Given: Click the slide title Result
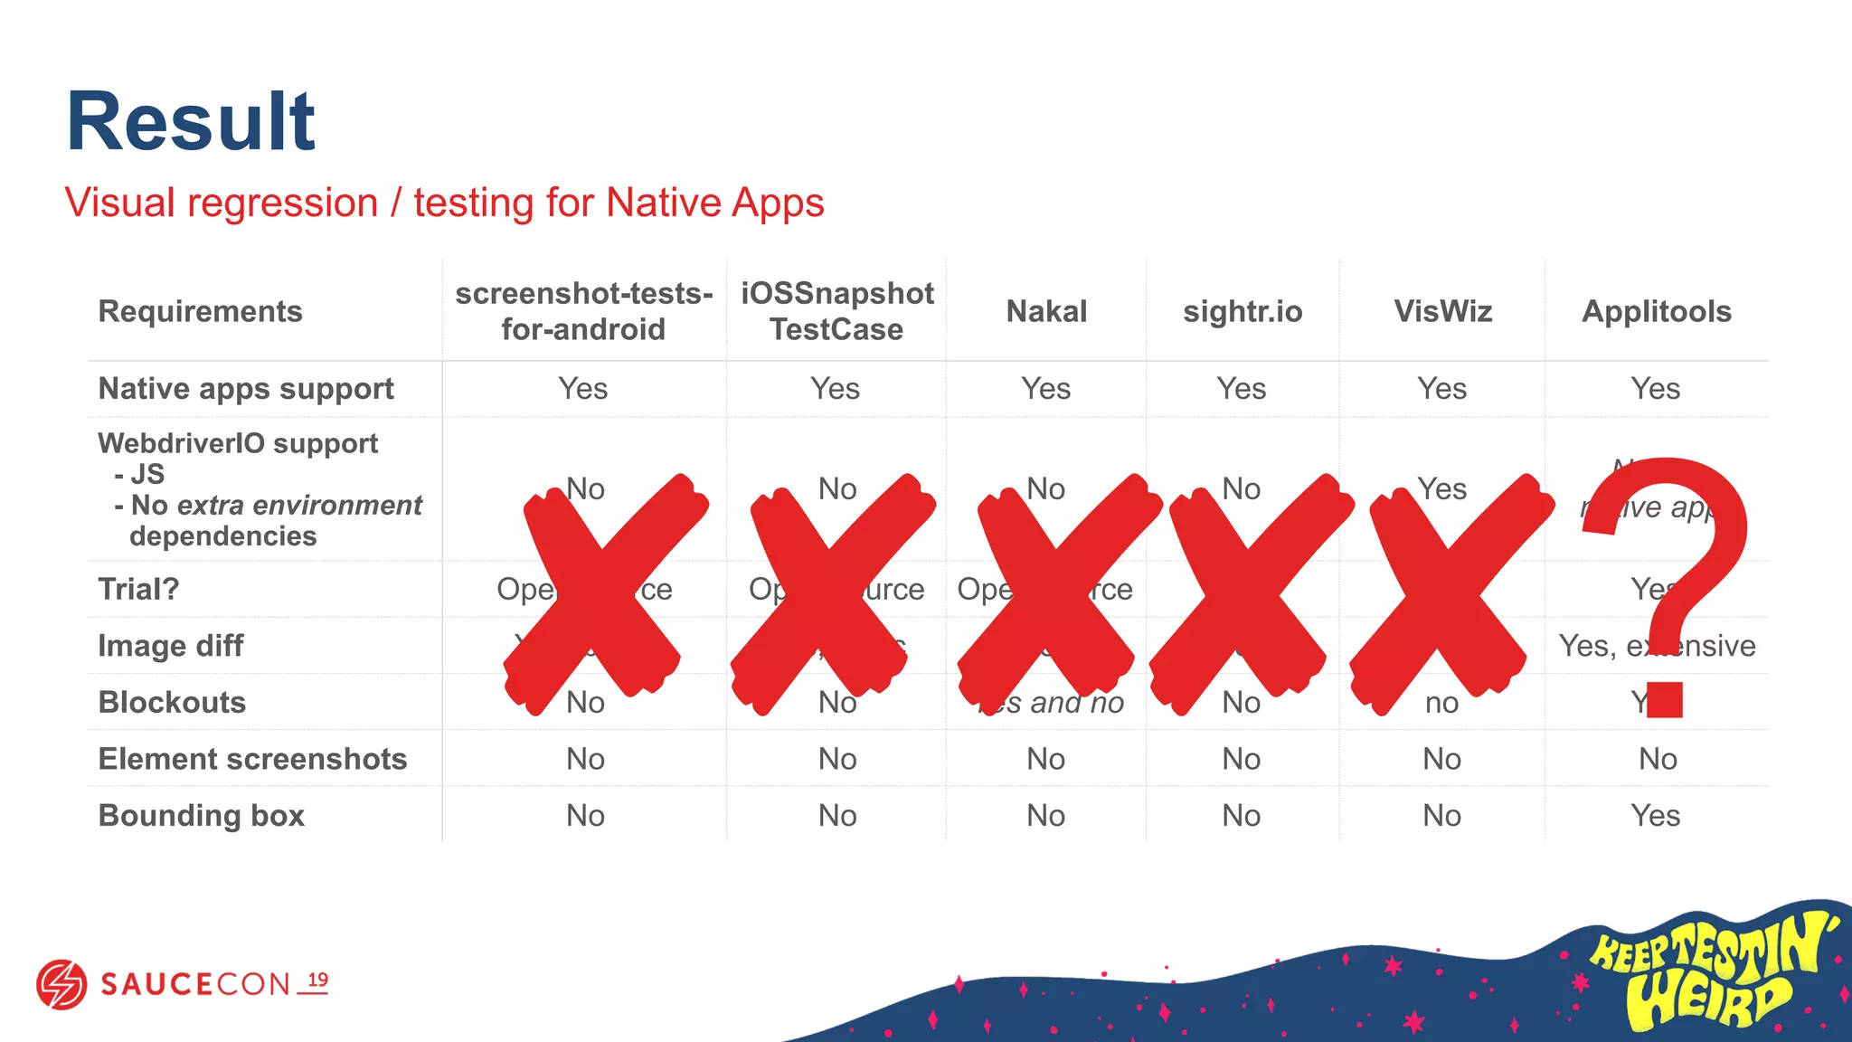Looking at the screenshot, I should tap(190, 121).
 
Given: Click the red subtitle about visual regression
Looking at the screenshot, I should tap(444, 203).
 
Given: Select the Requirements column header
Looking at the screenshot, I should tap(200, 311).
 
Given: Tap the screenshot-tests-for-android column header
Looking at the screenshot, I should tap(583, 311).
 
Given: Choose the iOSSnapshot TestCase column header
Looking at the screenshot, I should tap(836, 311).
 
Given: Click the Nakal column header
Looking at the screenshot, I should tap(1046, 311).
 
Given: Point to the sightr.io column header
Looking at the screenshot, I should tap(1243, 311).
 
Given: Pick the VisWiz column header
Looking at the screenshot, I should tap(1442, 311).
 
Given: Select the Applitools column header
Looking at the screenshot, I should tap(1656, 311).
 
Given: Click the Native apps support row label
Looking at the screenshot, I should tap(246, 389).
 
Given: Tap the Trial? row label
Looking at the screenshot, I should tap(138, 590).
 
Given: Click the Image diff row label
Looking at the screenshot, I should tap(171, 646).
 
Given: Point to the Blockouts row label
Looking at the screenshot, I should tap(172, 703).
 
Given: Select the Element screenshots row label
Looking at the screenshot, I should tap(252, 759).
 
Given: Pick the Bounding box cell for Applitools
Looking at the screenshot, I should tap(1655, 816).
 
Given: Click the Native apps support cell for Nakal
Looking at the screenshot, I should tap(1045, 389).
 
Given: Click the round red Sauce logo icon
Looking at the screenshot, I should tap(61, 984).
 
